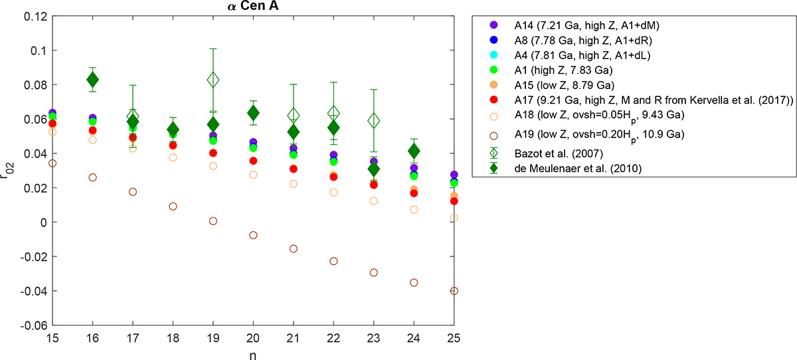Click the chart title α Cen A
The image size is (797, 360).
[253, 7]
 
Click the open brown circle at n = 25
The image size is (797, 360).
[454, 291]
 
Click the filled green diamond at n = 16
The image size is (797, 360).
[93, 80]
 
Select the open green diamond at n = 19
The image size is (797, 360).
[213, 80]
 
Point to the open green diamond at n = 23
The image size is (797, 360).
[374, 121]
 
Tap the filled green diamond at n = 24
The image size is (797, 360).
[414, 151]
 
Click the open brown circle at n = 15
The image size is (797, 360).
[52, 163]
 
